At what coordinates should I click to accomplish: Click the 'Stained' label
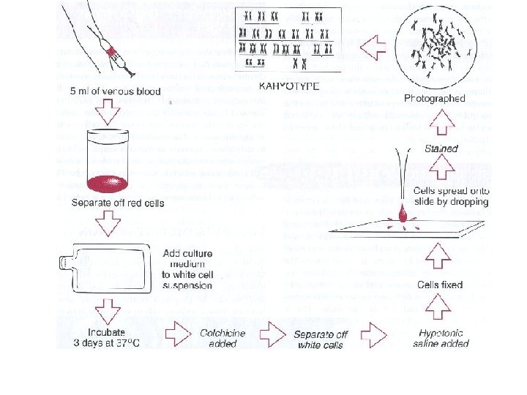pos(441,149)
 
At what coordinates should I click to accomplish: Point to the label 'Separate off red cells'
pos(118,203)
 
